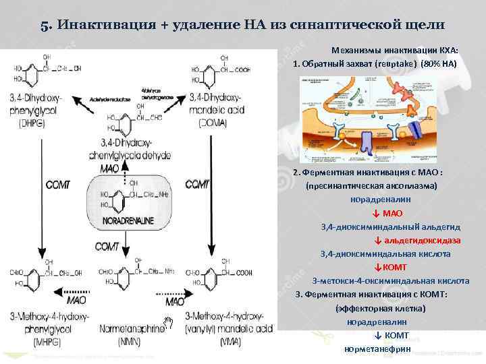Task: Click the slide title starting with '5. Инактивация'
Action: point(242,25)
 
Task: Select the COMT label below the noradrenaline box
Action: point(106,247)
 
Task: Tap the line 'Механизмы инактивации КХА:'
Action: point(394,51)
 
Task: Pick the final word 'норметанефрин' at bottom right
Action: point(377,349)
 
